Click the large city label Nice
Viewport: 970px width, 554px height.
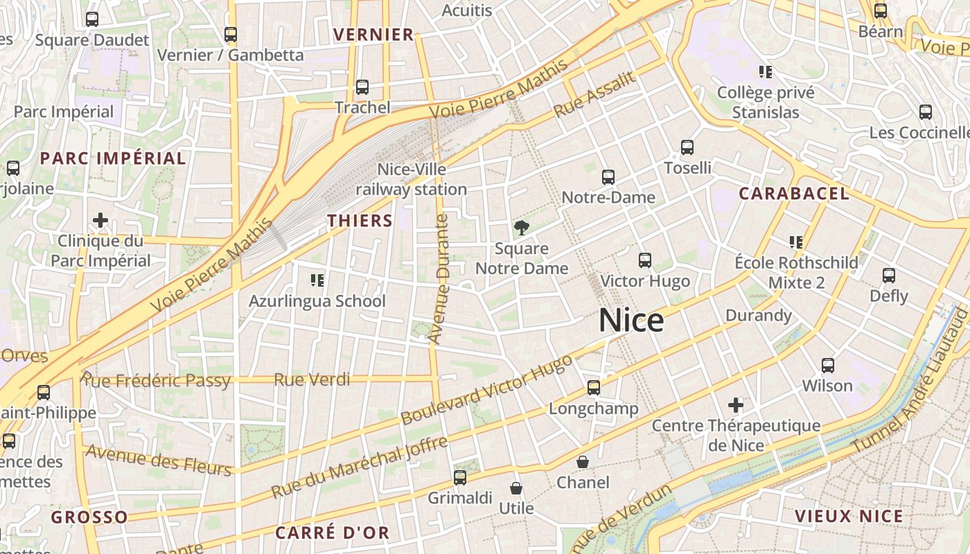[631, 320]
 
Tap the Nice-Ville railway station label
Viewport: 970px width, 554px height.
[412, 179]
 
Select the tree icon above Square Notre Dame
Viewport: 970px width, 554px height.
[521, 227]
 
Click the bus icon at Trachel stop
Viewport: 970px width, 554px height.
[362, 87]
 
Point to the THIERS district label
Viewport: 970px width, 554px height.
[360, 221]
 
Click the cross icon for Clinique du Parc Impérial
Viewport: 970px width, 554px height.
[100, 220]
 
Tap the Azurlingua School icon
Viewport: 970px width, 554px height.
[317, 280]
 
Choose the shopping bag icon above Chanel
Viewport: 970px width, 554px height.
[583, 461]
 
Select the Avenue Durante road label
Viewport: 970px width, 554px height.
[439, 279]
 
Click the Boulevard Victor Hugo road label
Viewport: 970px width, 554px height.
[487, 390]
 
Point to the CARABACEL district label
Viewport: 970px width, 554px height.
[793, 194]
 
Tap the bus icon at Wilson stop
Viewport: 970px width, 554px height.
[827, 366]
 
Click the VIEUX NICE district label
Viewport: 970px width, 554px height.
[849, 516]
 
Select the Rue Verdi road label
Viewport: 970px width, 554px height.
[312, 379]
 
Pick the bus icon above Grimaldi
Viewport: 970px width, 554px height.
[459, 477]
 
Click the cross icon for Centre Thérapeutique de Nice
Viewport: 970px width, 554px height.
[735, 404]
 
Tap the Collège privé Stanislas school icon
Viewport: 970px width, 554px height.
[766, 71]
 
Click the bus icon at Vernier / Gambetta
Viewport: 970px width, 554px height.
[231, 34]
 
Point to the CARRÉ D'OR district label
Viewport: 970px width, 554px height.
[332, 533]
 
